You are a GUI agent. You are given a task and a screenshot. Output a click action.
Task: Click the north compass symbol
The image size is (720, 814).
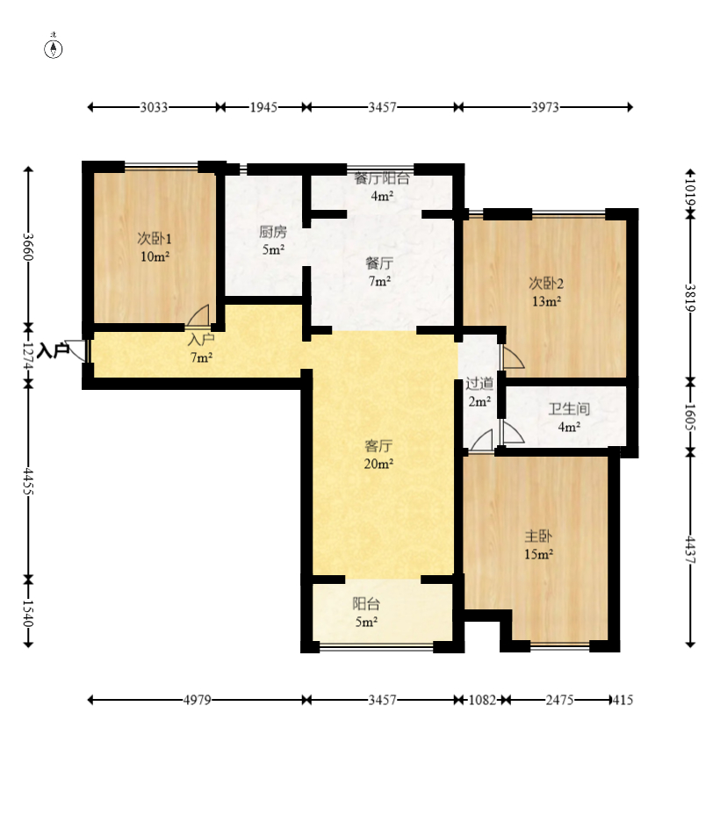point(53,47)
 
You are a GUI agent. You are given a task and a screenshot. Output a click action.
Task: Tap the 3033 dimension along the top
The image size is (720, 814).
point(155,107)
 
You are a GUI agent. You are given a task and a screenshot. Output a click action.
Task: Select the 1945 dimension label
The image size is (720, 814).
point(263,107)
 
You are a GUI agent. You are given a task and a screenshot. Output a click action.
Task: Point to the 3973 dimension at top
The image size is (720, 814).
point(545,107)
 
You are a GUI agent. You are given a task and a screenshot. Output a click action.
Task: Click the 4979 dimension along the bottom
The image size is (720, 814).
point(198,700)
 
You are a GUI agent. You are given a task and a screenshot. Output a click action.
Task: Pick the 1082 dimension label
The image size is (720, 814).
point(482,700)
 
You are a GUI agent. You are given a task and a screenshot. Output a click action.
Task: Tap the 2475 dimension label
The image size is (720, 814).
point(559,700)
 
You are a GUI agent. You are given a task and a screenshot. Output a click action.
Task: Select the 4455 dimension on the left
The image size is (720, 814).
point(29,482)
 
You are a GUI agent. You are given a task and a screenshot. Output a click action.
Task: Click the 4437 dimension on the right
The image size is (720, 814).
point(690,549)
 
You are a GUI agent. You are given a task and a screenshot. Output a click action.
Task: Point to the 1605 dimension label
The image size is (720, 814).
point(690,417)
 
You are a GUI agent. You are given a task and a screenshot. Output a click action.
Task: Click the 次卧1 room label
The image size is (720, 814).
point(155,239)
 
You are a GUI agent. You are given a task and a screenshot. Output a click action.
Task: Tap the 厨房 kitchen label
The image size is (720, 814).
point(272,232)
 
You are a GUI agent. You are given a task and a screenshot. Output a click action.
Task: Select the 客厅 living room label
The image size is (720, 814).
point(378,446)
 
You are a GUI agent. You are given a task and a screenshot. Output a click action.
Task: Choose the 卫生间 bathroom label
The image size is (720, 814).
point(570,409)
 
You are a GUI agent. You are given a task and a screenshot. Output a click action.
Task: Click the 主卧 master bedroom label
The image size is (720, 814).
point(538,537)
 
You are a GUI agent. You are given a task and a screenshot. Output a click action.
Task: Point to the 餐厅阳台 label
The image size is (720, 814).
point(382,178)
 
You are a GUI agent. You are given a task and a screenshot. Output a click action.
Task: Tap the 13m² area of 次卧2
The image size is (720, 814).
point(547,301)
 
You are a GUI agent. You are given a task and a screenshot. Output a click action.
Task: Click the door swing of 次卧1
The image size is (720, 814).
point(199,315)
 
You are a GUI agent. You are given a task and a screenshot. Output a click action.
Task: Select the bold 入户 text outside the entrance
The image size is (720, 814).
point(54,350)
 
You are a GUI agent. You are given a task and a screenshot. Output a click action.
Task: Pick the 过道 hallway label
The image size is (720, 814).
point(479,384)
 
